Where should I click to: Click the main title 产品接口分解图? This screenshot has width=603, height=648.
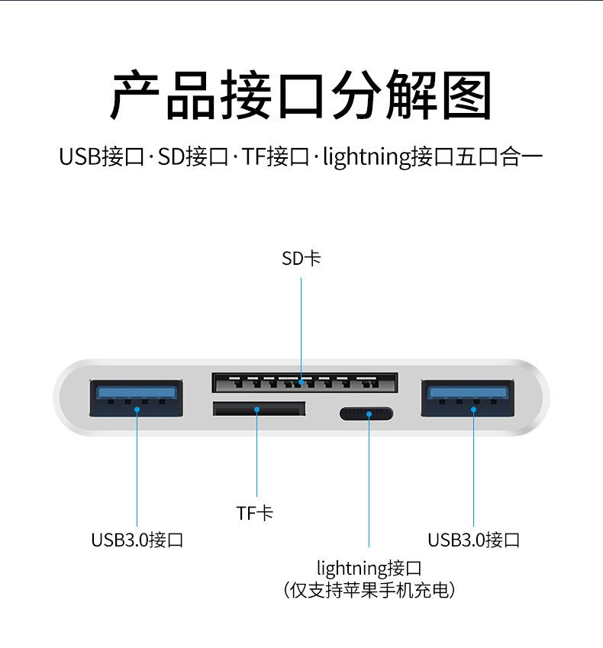pyautogui.click(x=301, y=96)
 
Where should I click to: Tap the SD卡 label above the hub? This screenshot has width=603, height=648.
pyautogui.click(x=301, y=259)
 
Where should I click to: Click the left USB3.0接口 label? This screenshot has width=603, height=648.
pyautogui.click(x=137, y=540)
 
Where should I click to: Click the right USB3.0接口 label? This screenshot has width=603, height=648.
pyautogui.click(x=473, y=540)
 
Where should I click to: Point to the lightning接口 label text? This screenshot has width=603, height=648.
pyautogui.click(x=369, y=569)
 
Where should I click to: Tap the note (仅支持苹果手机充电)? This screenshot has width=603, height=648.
pyautogui.click(x=369, y=590)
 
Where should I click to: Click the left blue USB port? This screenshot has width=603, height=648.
pyautogui.click(x=137, y=398)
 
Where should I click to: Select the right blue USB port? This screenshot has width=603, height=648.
pyautogui.click(x=467, y=398)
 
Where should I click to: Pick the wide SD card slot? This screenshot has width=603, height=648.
pyautogui.click(x=304, y=382)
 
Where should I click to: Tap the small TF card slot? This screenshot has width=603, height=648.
pyautogui.click(x=259, y=409)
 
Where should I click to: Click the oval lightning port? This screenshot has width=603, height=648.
pyautogui.click(x=367, y=414)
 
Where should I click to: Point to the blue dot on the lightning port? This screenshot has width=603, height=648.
pyautogui.click(x=369, y=414)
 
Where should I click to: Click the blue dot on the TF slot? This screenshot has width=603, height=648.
pyautogui.click(x=256, y=409)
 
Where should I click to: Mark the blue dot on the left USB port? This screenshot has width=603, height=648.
pyautogui.click(x=137, y=409)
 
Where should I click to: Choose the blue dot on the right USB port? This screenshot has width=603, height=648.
pyautogui.click(x=473, y=409)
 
